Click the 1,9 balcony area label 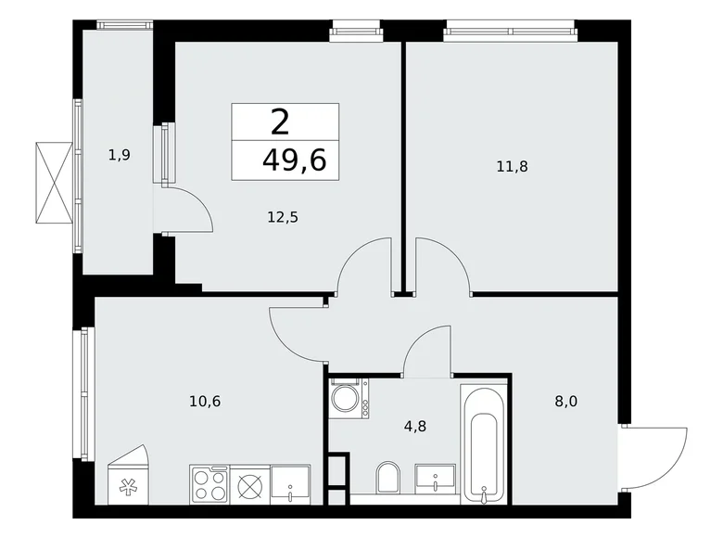coord(118,155)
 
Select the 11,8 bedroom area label coord(513,167)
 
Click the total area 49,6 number coord(295,161)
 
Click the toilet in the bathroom coord(388,481)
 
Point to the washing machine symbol coord(349,397)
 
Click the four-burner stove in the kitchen coord(209,484)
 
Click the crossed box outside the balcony coord(54,183)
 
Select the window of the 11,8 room coord(511,32)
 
